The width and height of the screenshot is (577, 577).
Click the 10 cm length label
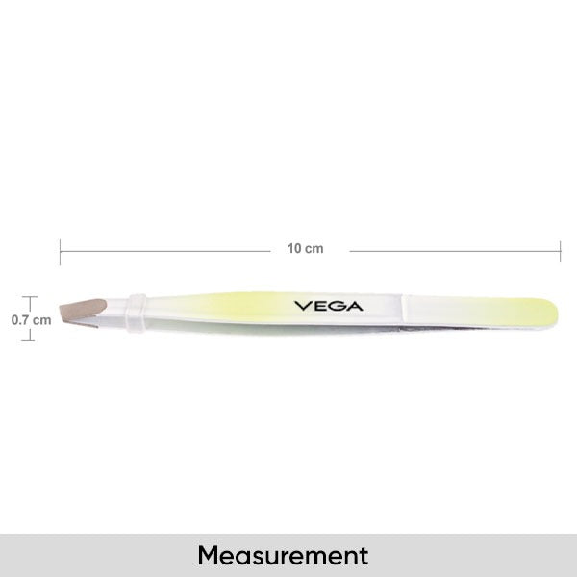(305, 248)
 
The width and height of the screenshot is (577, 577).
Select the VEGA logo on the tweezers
(328, 307)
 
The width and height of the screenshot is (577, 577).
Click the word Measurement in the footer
(284, 555)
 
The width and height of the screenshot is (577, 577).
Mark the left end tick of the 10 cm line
(61, 251)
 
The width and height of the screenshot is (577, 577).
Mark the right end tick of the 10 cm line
(561, 251)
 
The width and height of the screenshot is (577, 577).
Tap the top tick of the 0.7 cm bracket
(31, 297)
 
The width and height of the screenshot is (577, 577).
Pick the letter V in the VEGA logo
(301, 307)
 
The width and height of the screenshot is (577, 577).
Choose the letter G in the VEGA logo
(337, 307)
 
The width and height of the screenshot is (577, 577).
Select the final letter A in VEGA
(355, 307)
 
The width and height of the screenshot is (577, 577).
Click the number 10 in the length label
(293, 248)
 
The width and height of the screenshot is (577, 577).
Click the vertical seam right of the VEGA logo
(402, 311)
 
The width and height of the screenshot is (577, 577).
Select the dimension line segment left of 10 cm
(163, 251)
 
